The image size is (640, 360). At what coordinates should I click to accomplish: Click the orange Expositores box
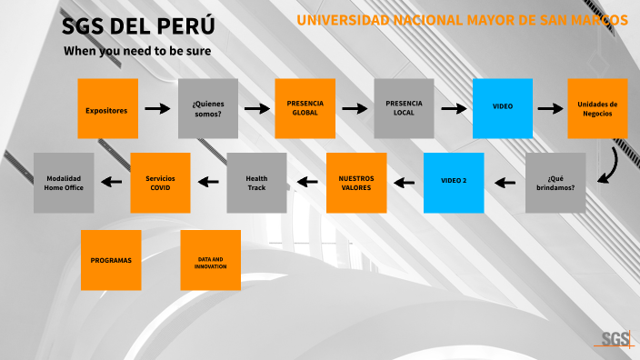107,108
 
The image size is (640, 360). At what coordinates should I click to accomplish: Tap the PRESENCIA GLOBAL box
305,108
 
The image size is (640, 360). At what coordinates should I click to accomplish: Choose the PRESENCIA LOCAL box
404,108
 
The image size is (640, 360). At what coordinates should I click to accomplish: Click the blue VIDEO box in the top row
502,108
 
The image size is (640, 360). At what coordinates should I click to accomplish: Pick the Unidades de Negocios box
597,108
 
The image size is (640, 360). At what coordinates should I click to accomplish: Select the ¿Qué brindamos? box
555,183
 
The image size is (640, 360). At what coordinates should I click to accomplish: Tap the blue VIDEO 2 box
454,182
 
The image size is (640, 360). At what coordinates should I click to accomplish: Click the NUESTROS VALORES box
356,182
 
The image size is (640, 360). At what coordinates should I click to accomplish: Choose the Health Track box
256,182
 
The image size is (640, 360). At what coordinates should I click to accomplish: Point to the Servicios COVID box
160,182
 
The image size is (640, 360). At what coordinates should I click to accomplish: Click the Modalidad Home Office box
64,182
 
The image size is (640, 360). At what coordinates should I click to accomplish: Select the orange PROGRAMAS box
111,260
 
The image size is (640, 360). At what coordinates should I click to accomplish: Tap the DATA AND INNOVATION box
210,260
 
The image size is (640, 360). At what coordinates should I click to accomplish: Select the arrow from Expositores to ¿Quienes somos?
157,109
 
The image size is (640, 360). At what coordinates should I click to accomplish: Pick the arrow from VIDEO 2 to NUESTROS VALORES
405,183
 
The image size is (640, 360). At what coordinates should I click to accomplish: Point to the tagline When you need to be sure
137,51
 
